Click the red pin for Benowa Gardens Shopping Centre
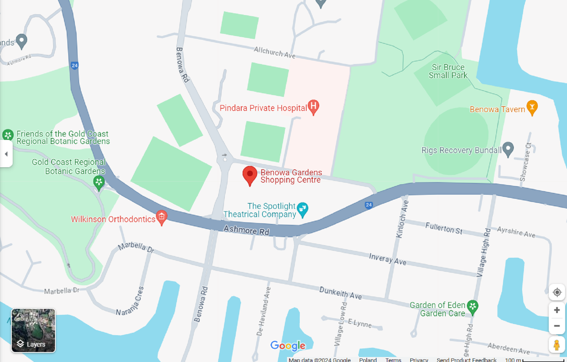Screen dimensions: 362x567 click(x=250, y=174)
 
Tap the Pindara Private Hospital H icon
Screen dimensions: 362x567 click(x=313, y=106)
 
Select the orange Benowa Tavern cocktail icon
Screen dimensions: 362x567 click(x=532, y=107)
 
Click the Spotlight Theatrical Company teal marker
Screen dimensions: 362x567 click(x=302, y=209)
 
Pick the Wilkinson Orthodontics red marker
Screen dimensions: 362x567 click(x=162, y=217)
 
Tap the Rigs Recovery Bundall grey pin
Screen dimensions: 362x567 click(x=508, y=148)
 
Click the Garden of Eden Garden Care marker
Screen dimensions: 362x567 click(x=472, y=307)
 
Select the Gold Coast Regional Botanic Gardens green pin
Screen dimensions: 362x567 click(x=99, y=182)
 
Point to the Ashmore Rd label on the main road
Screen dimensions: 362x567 click(x=246, y=230)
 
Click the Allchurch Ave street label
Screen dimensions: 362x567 click(x=274, y=53)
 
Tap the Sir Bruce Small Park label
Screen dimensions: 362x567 click(x=448, y=71)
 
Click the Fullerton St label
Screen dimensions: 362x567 click(x=444, y=228)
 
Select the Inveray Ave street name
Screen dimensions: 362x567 click(x=387, y=259)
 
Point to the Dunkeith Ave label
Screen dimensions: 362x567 click(x=340, y=293)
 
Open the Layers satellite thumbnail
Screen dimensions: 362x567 click(x=33, y=330)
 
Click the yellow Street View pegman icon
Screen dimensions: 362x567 click(x=557, y=345)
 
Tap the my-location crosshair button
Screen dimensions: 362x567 click(x=557, y=292)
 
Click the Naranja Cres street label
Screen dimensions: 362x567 click(x=130, y=301)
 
